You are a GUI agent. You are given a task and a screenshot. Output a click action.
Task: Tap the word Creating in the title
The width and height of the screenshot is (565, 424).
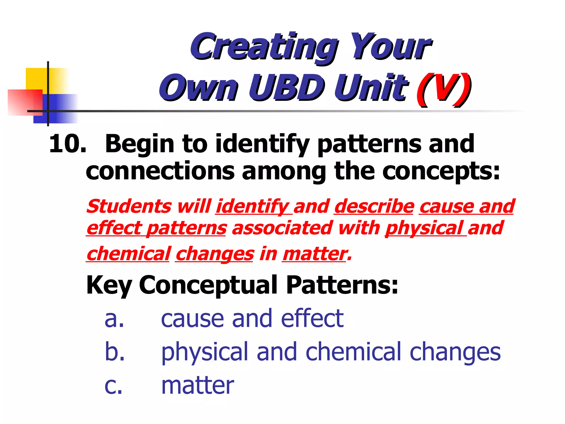click(x=263, y=47)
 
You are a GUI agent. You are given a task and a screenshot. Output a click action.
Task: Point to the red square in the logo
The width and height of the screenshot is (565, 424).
click(x=25, y=102)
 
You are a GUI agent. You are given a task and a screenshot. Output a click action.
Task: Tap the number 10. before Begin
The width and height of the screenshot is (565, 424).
click(x=68, y=144)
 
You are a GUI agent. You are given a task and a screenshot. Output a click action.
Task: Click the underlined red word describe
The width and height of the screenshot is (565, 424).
click(x=374, y=206)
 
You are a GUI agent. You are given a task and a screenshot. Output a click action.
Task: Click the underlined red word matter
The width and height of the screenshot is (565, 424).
click(x=314, y=254)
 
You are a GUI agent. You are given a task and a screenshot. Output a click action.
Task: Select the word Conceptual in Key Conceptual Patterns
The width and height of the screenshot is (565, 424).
click(x=208, y=285)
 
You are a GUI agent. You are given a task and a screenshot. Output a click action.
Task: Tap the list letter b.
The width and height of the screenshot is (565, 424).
click(x=115, y=352)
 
